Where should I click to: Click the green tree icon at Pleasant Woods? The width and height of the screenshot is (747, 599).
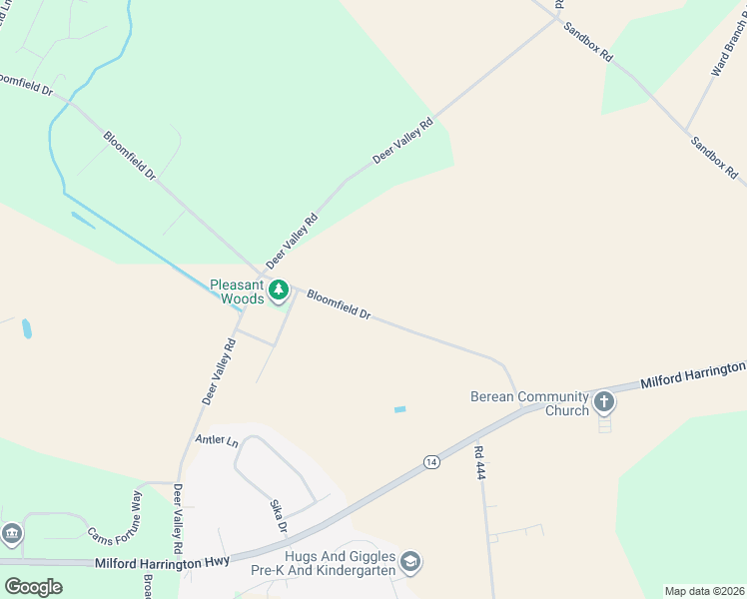pyautogui.click(x=279, y=292)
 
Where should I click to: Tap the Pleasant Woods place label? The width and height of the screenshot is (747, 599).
pyautogui.click(x=238, y=292)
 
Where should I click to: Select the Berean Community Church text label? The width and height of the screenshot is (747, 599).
pyautogui.click(x=529, y=403)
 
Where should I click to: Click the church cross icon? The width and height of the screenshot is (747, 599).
pyautogui.click(x=603, y=402)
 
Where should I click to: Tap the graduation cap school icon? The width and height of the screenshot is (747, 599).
pyautogui.click(x=409, y=564)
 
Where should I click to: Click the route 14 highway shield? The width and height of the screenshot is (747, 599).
pyautogui.click(x=430, y=461)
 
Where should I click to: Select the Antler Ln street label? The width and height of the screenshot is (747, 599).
pyautogui.click(x=218, y=440)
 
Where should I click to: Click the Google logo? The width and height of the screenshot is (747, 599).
pyautogui.click(x=33, y=587)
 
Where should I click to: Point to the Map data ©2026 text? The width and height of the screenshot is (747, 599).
pyautogui.click(x=704, y=591)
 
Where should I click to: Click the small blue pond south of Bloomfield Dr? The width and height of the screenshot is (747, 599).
pyautogui.click(x=400, y=409)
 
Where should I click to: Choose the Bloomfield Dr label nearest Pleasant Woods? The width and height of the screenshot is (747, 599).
pyautogui.click(x=339, y=304)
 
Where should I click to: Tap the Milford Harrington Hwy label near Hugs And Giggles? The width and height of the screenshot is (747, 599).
pyautogui.click(x=162, y=563)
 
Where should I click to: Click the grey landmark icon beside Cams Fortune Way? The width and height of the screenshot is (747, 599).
pyautogui.click(x=11, y=534)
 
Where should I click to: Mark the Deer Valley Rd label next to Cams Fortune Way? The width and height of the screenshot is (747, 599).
pyautogui.click(x=178, y=519)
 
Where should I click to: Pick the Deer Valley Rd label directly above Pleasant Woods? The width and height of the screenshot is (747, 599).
pyautogui.click(x=292, y=241)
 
